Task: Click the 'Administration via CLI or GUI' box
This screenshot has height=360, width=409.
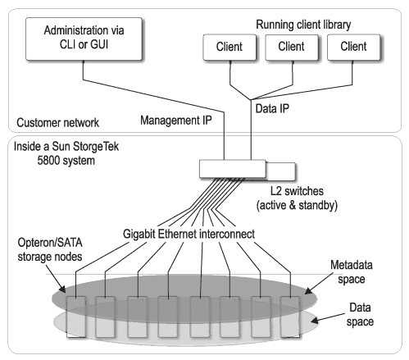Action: click(84, 39)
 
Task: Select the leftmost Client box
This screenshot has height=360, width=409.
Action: click(229, 47)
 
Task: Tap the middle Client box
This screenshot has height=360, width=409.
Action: click(292, 47)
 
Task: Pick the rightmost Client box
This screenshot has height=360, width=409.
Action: click(353, 47)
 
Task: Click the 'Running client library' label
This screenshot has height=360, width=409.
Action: click(303, 25)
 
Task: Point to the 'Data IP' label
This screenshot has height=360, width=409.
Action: click(272, 108)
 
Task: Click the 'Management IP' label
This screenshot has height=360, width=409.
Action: click(176, 121)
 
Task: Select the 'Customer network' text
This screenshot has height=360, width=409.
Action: click(57, 123)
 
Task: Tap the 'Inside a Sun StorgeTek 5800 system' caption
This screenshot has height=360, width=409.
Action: click(66, 153)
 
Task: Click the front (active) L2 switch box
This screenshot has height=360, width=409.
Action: click(233, 169)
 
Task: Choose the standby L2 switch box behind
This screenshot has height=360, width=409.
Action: click(281, 171)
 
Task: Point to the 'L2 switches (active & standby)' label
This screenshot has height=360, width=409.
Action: click(297, 198)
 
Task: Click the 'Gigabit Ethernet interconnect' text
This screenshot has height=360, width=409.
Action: click(189, 234)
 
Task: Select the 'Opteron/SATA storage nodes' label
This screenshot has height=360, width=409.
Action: click(50, 249)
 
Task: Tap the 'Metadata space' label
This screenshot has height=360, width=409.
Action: click(352, 272)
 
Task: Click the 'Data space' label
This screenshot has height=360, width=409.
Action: click(360, 315)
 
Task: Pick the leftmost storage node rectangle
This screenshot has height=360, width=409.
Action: click(76, 317)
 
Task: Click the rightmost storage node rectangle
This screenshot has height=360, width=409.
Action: click(290, 317)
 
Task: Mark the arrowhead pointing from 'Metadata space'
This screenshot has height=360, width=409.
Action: click(308, 291)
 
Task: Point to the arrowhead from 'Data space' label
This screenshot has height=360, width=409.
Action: click(314, 321)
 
